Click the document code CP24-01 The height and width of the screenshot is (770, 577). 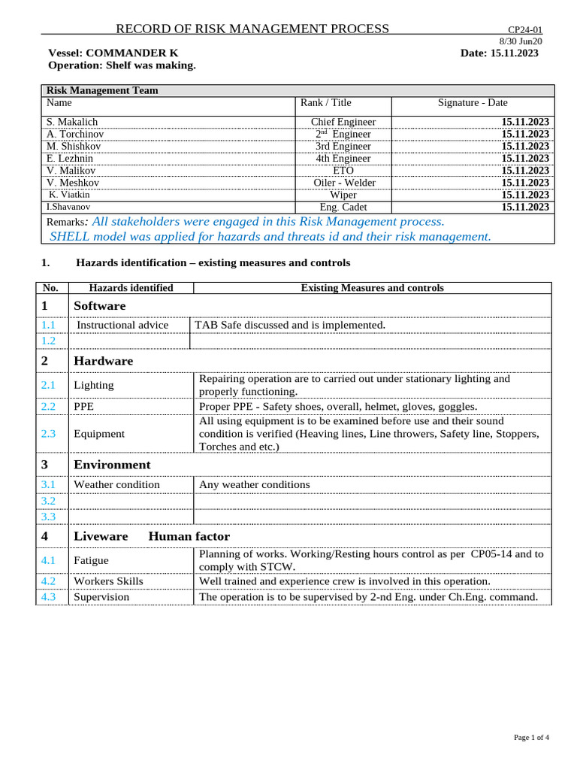[526, 29]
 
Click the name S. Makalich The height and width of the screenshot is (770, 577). [72, 122]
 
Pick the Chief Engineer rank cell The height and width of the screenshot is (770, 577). [343, 122]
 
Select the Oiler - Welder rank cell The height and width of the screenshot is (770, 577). [343, 183]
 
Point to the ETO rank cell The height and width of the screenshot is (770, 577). [343, 171]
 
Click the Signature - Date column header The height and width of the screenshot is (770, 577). [473, 103]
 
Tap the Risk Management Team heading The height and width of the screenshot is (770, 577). [102, 91]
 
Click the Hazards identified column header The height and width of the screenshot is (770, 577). [131, 288]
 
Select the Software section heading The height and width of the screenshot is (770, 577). [100, 306]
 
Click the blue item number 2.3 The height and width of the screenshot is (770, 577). [49, 434]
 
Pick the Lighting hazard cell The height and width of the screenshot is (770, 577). [94, 385]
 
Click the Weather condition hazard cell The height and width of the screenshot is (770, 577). [116, 485]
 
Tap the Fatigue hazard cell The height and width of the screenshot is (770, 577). [91, 560]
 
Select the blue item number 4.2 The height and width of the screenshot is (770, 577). [49, 581]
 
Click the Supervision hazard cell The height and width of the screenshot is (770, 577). [101, 597]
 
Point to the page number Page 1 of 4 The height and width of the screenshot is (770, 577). [531, 738]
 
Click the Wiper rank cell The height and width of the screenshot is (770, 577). [343, 195]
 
